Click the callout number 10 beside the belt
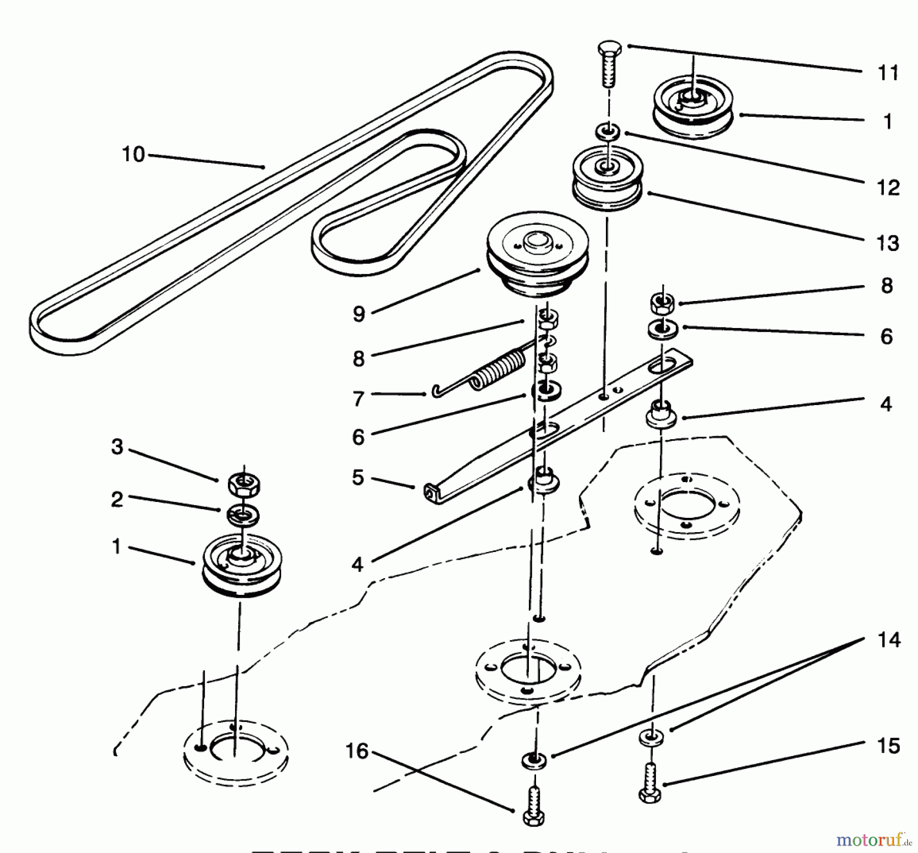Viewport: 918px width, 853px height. [x=133, y=154]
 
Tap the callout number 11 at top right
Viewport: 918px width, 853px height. [x=888, y=73]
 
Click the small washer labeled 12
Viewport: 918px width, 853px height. [x=607, y=132]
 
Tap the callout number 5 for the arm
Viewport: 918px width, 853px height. [x=358, y=478]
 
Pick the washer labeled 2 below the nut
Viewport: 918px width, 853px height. [x=243, y=514]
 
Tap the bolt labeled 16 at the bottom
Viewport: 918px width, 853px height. [x=533, y=807]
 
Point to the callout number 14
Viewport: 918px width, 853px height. [x=888, y=640]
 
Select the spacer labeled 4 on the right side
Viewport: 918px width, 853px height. [x=661, y=414]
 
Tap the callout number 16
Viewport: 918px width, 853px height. [x=357, y=750]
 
